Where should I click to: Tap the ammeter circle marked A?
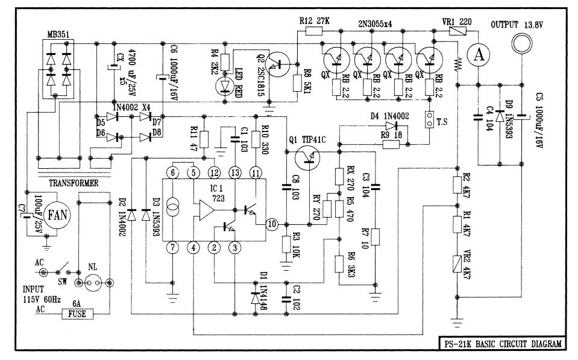point(479,54)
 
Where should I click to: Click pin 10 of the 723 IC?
point(272,224)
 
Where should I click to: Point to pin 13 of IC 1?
point(234,174)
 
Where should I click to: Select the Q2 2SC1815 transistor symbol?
point(279,63)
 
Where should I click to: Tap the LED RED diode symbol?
point(226,85)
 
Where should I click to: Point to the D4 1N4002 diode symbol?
point(392,127)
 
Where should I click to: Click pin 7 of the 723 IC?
point(172,247)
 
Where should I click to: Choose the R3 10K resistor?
point(286,244)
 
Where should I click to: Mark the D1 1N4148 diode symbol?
point(253,297)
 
